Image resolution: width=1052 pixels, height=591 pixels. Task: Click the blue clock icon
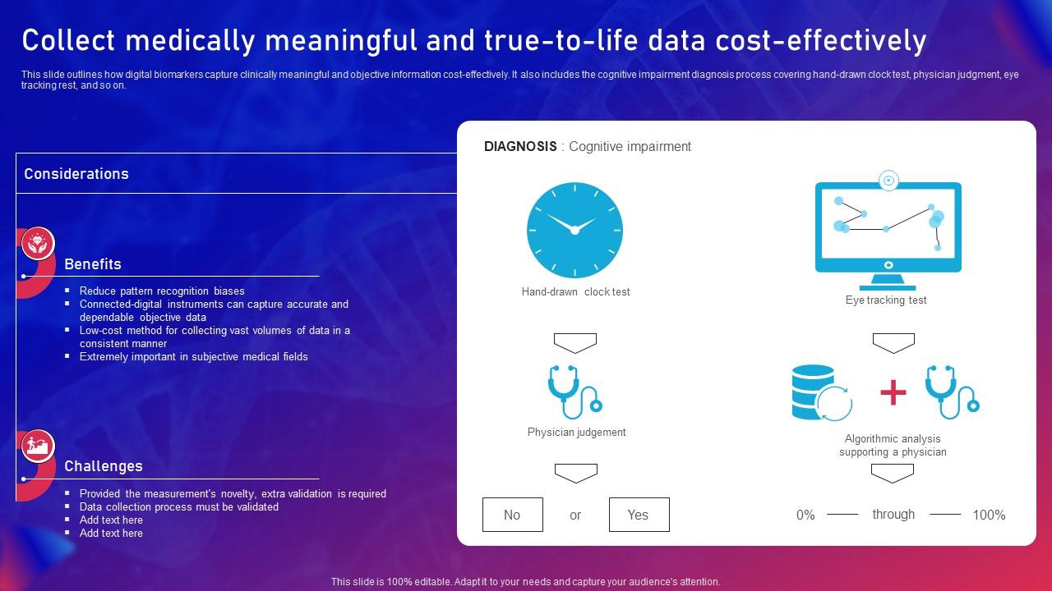574,230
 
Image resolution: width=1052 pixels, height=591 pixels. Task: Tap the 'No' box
512,515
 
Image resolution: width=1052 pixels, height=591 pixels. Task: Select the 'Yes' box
639,515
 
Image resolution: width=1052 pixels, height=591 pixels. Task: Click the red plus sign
893,392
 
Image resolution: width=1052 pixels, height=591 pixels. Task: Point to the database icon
821,392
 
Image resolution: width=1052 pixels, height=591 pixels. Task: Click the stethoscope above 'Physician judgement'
574,392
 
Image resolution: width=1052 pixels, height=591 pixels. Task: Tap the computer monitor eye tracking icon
888,231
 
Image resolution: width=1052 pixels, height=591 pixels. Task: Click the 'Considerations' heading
76,174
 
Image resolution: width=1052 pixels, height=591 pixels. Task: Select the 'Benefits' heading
93,264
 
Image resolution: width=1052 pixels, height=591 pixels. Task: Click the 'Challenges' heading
104,466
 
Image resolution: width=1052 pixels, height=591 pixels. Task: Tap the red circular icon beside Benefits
38,243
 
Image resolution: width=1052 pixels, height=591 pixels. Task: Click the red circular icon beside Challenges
38,446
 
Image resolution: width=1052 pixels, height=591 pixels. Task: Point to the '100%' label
989,515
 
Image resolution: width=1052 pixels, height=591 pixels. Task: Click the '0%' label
805,515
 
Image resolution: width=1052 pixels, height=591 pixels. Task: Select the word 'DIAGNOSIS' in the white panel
520,146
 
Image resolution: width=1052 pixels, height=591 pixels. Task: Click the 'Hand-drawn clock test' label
576,291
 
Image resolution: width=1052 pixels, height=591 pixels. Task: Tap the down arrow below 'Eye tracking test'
893,343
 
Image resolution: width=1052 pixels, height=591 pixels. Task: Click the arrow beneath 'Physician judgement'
576,474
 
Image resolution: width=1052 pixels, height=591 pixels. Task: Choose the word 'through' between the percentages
893,515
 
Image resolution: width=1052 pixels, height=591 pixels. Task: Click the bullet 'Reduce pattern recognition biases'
162,291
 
